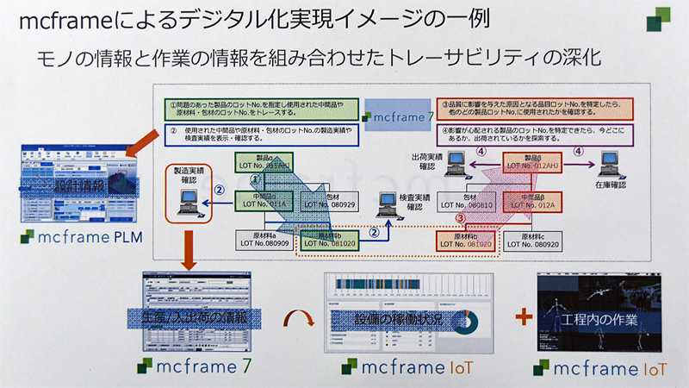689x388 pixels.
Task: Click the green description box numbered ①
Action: (x=258, y=110)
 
